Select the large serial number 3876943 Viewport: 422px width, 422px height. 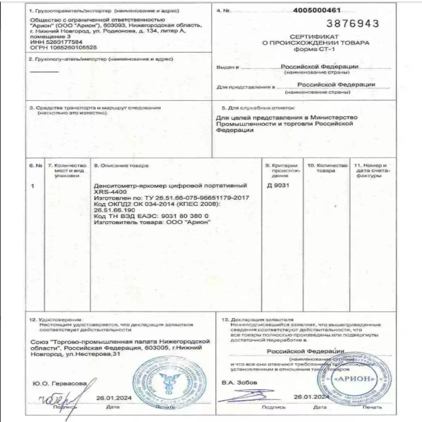pos(354,24)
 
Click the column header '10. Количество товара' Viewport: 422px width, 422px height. pos(327,168)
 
